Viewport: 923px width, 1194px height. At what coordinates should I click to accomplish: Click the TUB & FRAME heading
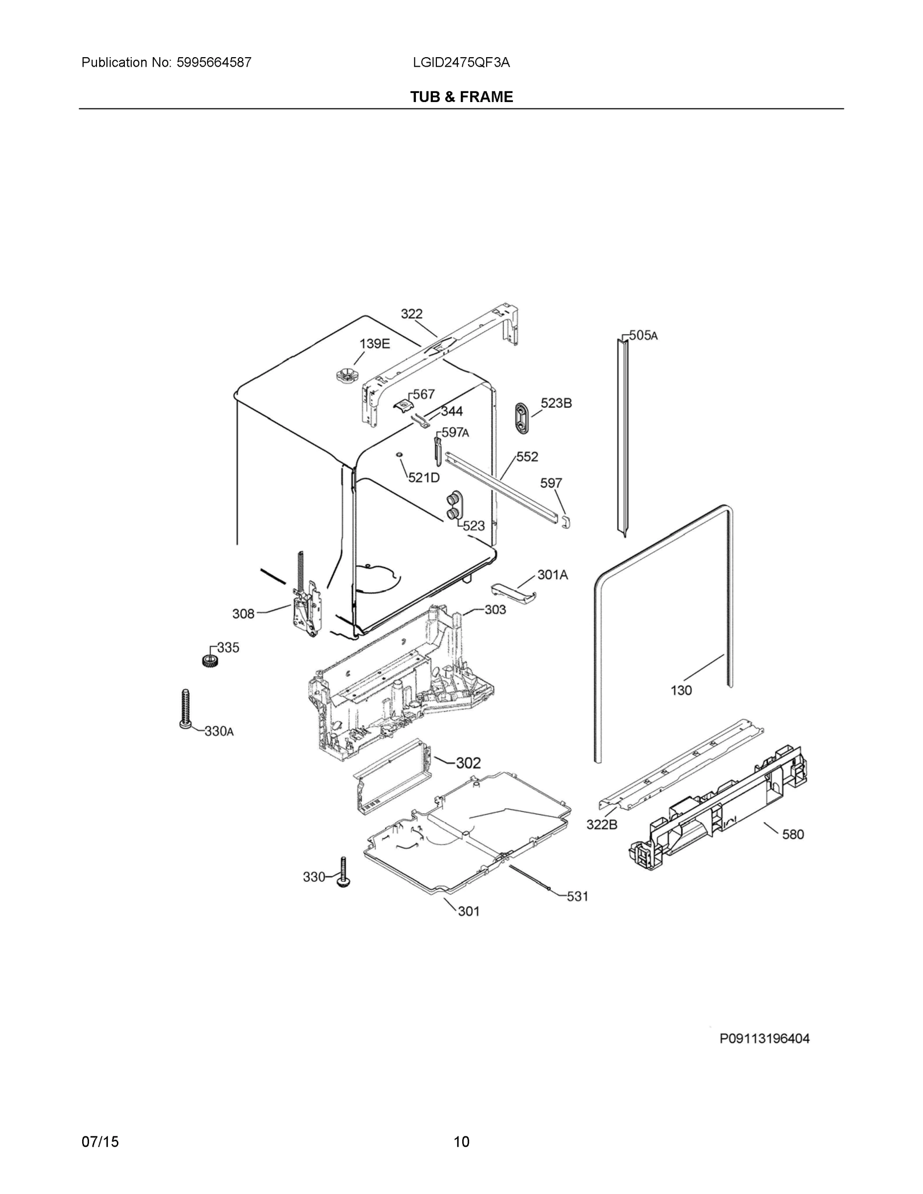pos(462,97)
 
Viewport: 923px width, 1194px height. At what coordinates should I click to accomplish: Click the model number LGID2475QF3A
pos(462,62)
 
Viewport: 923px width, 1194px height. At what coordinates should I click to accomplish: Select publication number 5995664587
pos(214,62)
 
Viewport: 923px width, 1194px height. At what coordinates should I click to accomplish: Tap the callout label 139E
pos(375,344)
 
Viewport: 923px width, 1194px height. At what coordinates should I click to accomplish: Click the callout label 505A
pos(643,335)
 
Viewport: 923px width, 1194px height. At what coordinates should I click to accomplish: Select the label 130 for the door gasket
pos(681,691)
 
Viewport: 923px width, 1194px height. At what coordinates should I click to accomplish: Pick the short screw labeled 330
pos(343,873)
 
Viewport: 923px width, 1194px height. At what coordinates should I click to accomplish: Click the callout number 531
pos(577,896)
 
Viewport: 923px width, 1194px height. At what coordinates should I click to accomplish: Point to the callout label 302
pos(468,763)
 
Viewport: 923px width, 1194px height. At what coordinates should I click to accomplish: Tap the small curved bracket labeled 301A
pos(514,592)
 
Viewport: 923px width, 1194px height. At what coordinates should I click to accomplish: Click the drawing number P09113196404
pos(764,1039)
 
